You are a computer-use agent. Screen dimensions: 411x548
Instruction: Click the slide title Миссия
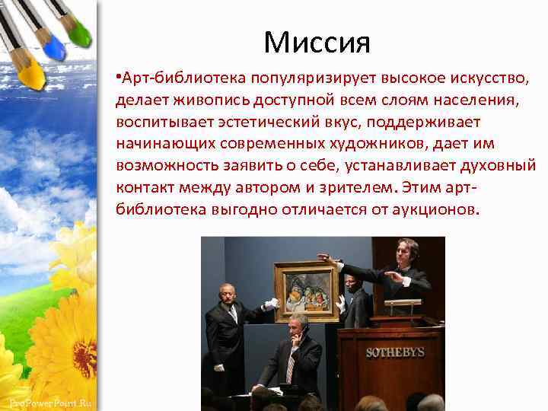tap(317, 42)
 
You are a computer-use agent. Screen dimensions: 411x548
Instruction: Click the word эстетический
tap(256, 122)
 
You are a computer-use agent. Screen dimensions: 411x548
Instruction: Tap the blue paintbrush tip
tap(53, 49)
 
